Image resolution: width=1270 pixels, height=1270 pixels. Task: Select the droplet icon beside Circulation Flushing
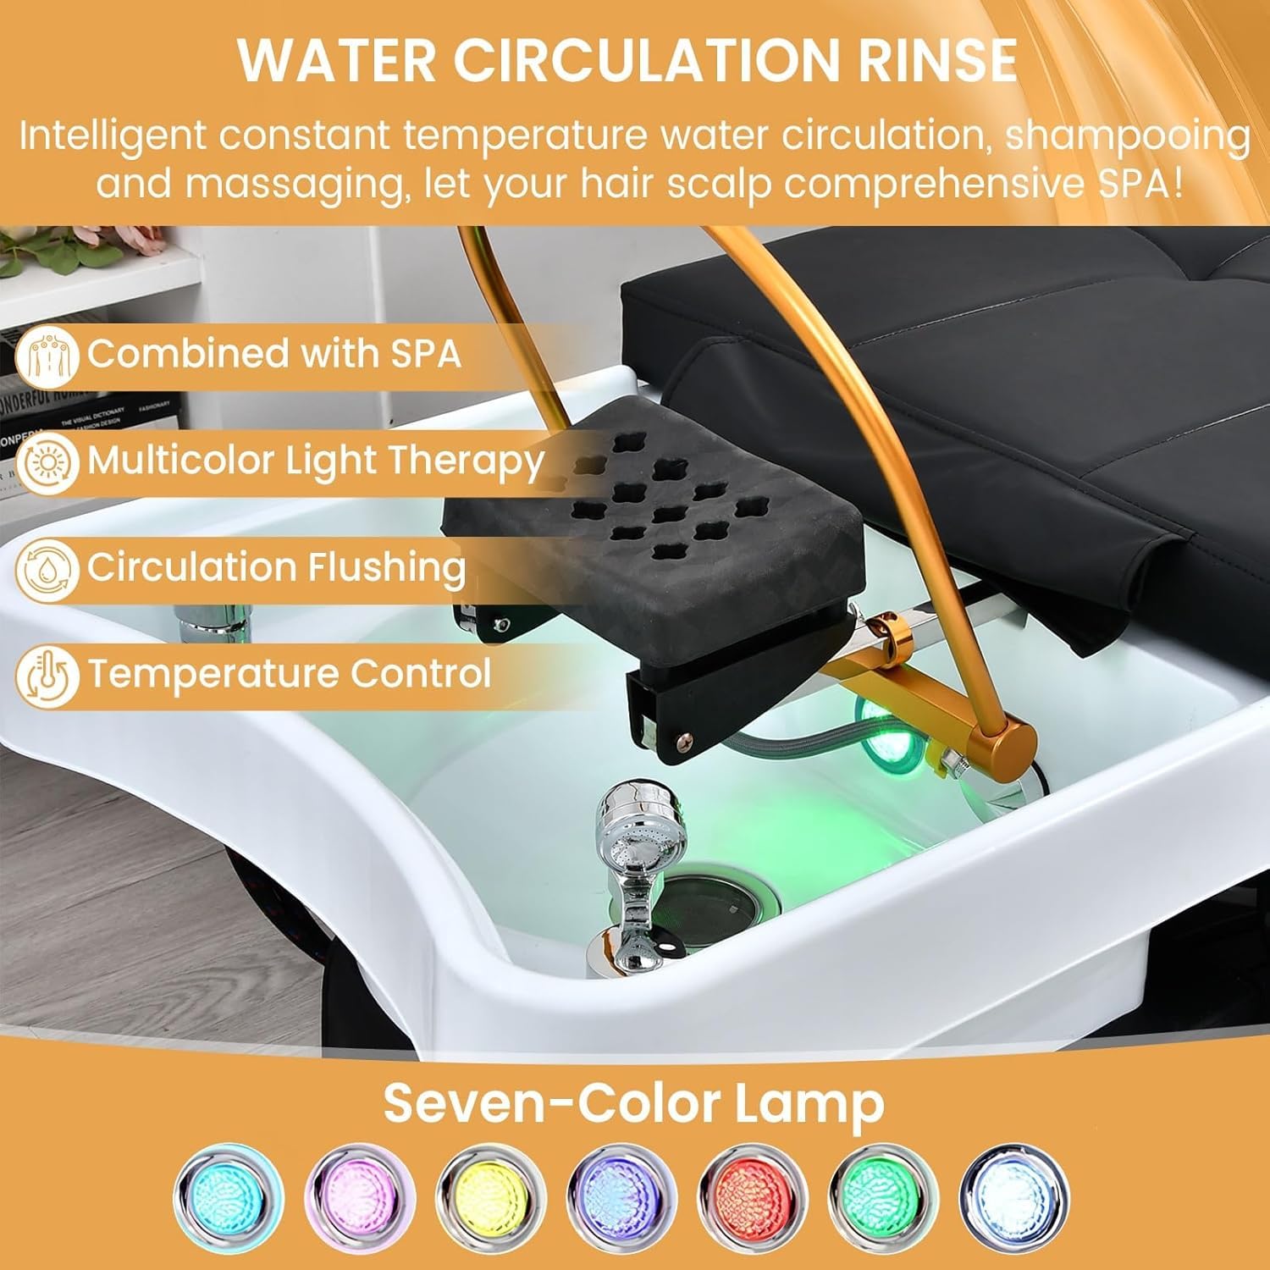click(47, 570)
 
